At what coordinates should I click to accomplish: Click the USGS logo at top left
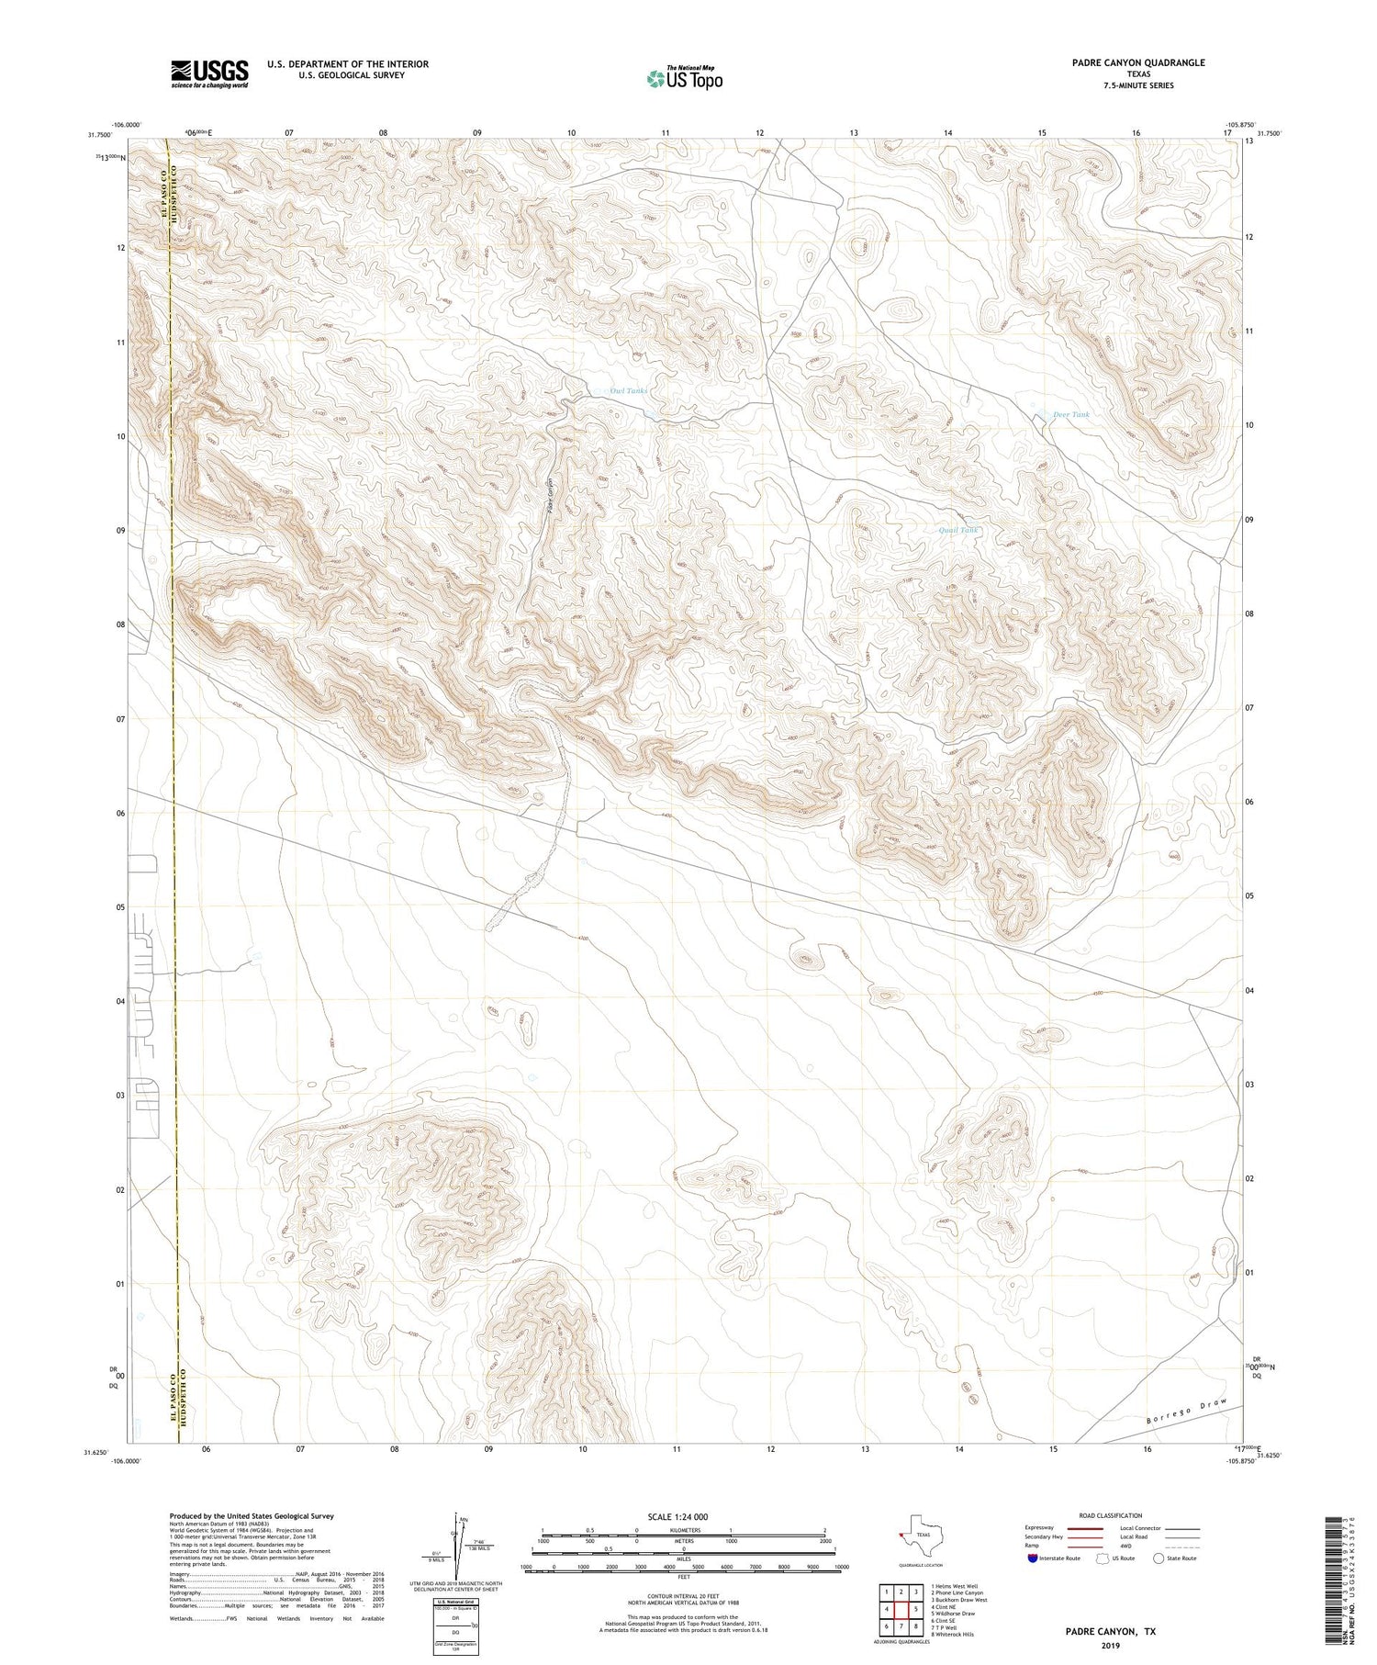(209, 73)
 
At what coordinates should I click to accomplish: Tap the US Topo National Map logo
(684, 79)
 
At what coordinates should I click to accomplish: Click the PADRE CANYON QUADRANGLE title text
(1137, 62)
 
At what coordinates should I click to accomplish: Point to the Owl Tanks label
(629, 391)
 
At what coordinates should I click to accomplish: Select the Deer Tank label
(1071, 415)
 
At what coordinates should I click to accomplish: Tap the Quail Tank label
(958, 531)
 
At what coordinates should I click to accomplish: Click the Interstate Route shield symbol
(1033, 1558)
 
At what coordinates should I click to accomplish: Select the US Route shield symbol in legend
(1103, 1558)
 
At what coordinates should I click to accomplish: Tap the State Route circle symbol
(1159, 1558)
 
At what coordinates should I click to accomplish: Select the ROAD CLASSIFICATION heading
(1110, 1515)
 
